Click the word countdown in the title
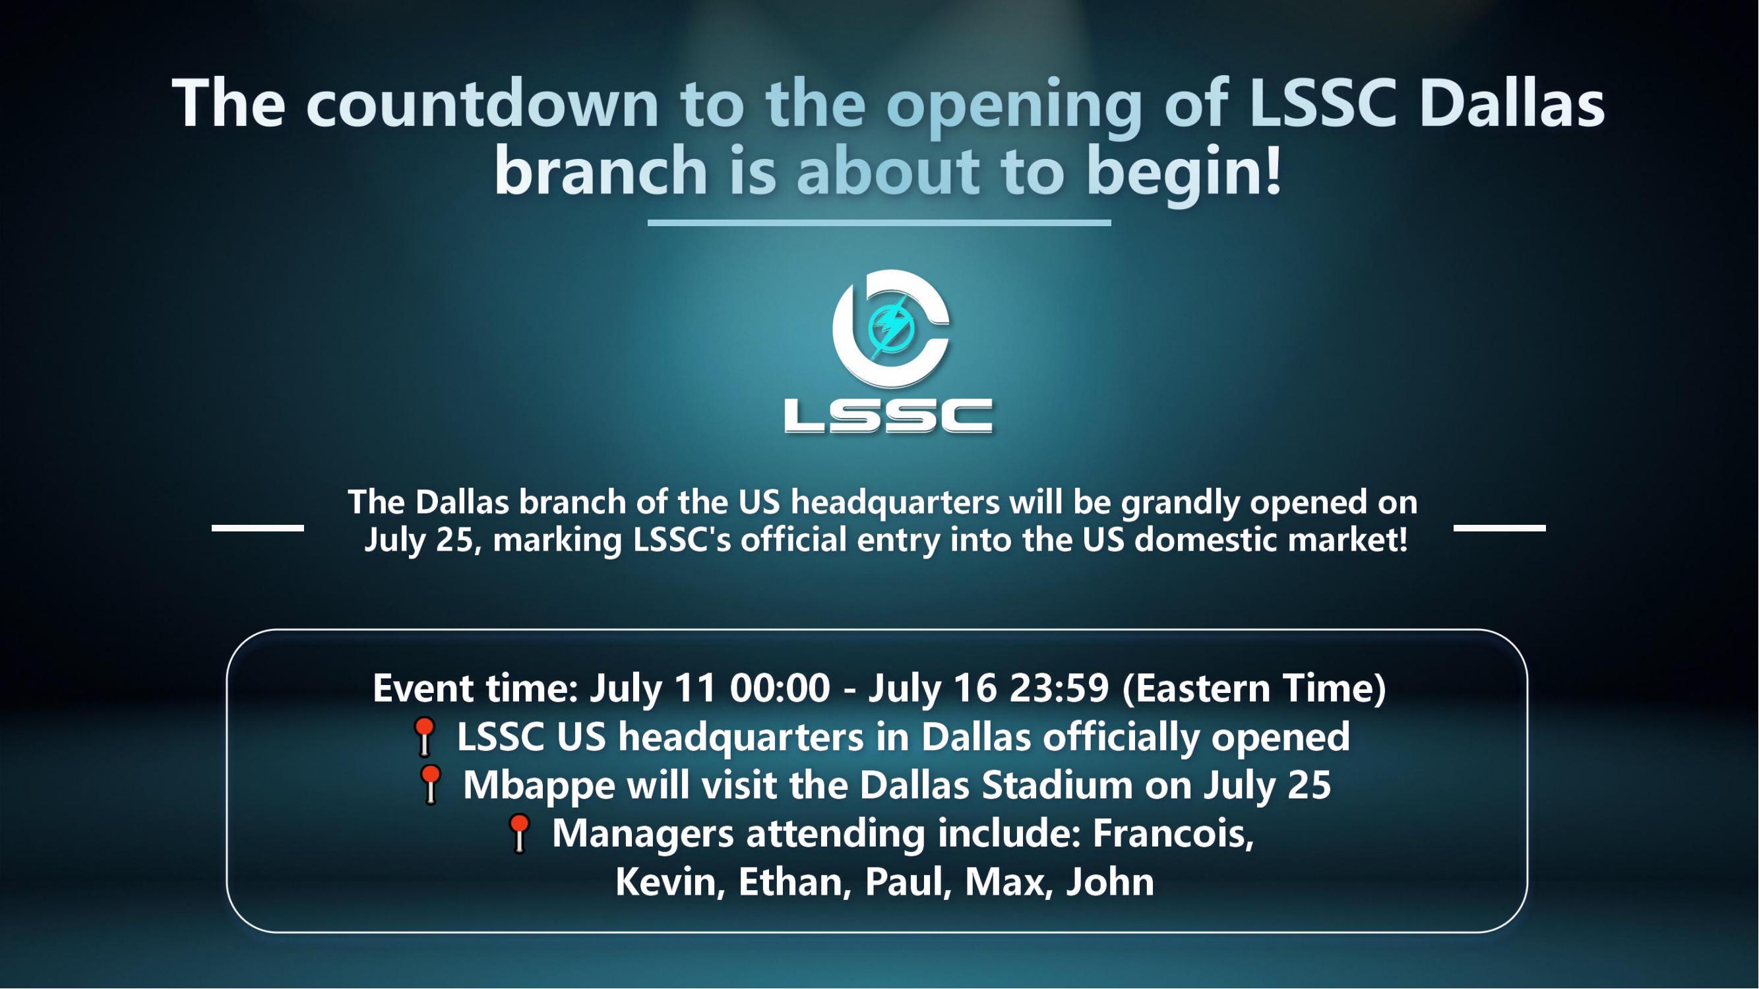482,104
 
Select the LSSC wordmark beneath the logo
888,415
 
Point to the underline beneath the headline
879,222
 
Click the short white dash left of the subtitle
257,527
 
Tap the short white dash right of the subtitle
1500,527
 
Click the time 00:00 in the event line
780,688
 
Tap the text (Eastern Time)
1254,689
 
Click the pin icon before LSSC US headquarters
424,737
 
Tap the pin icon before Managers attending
519,834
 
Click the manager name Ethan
795,882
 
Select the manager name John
1110,882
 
